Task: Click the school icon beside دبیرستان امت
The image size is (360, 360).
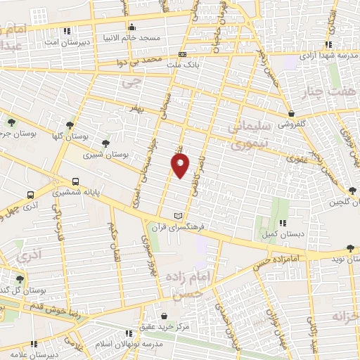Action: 67,31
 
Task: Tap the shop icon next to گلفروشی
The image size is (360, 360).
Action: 290,114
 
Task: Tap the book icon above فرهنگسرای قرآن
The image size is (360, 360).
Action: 178,215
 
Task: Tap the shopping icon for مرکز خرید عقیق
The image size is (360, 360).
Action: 164,316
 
